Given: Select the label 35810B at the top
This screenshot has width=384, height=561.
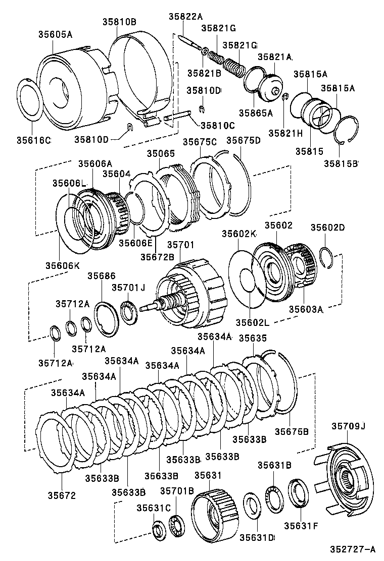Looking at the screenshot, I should pos(119,22).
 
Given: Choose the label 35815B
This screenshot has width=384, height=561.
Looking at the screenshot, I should pos(342,163).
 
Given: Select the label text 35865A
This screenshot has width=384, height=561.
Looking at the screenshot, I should pos(255,113).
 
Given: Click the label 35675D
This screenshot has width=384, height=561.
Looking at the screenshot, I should pos(243,141).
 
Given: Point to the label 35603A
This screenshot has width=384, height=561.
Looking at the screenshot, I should pos(306,309).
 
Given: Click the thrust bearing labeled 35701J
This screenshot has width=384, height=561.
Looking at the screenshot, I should pos(130,313).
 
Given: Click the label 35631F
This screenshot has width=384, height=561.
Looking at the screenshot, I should pos(301,525).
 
